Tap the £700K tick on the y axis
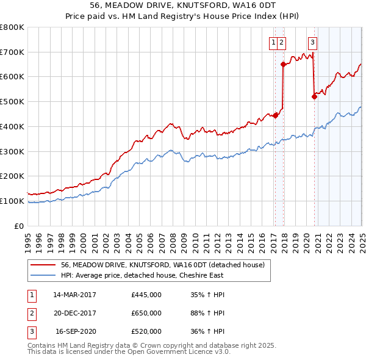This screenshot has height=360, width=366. point(12,52)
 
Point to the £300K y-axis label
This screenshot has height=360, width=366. point(12,151)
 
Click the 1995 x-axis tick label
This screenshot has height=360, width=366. point(28,238)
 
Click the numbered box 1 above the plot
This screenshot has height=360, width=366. point(274,43)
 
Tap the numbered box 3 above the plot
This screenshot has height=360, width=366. point(312,43)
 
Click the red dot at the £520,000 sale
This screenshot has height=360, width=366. point(314,96)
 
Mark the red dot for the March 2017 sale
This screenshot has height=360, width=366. point(275,115)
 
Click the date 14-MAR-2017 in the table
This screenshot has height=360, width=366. point(75,295)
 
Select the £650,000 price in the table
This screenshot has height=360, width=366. point(146,313)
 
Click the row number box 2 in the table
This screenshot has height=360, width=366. point(30,313)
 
